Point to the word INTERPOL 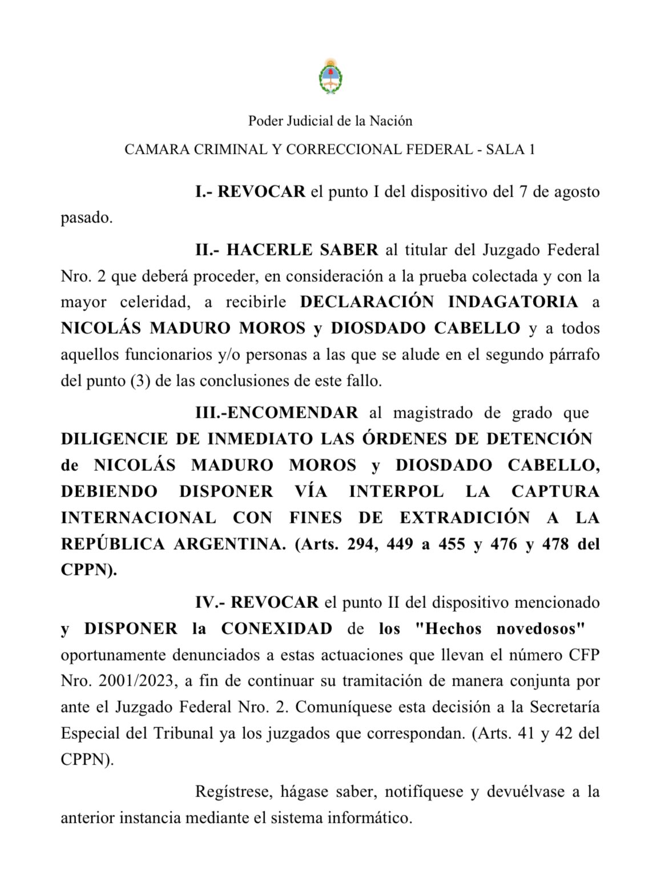coord(396,491)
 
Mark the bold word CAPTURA coord(555,491)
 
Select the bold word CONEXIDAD coord(276,628)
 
